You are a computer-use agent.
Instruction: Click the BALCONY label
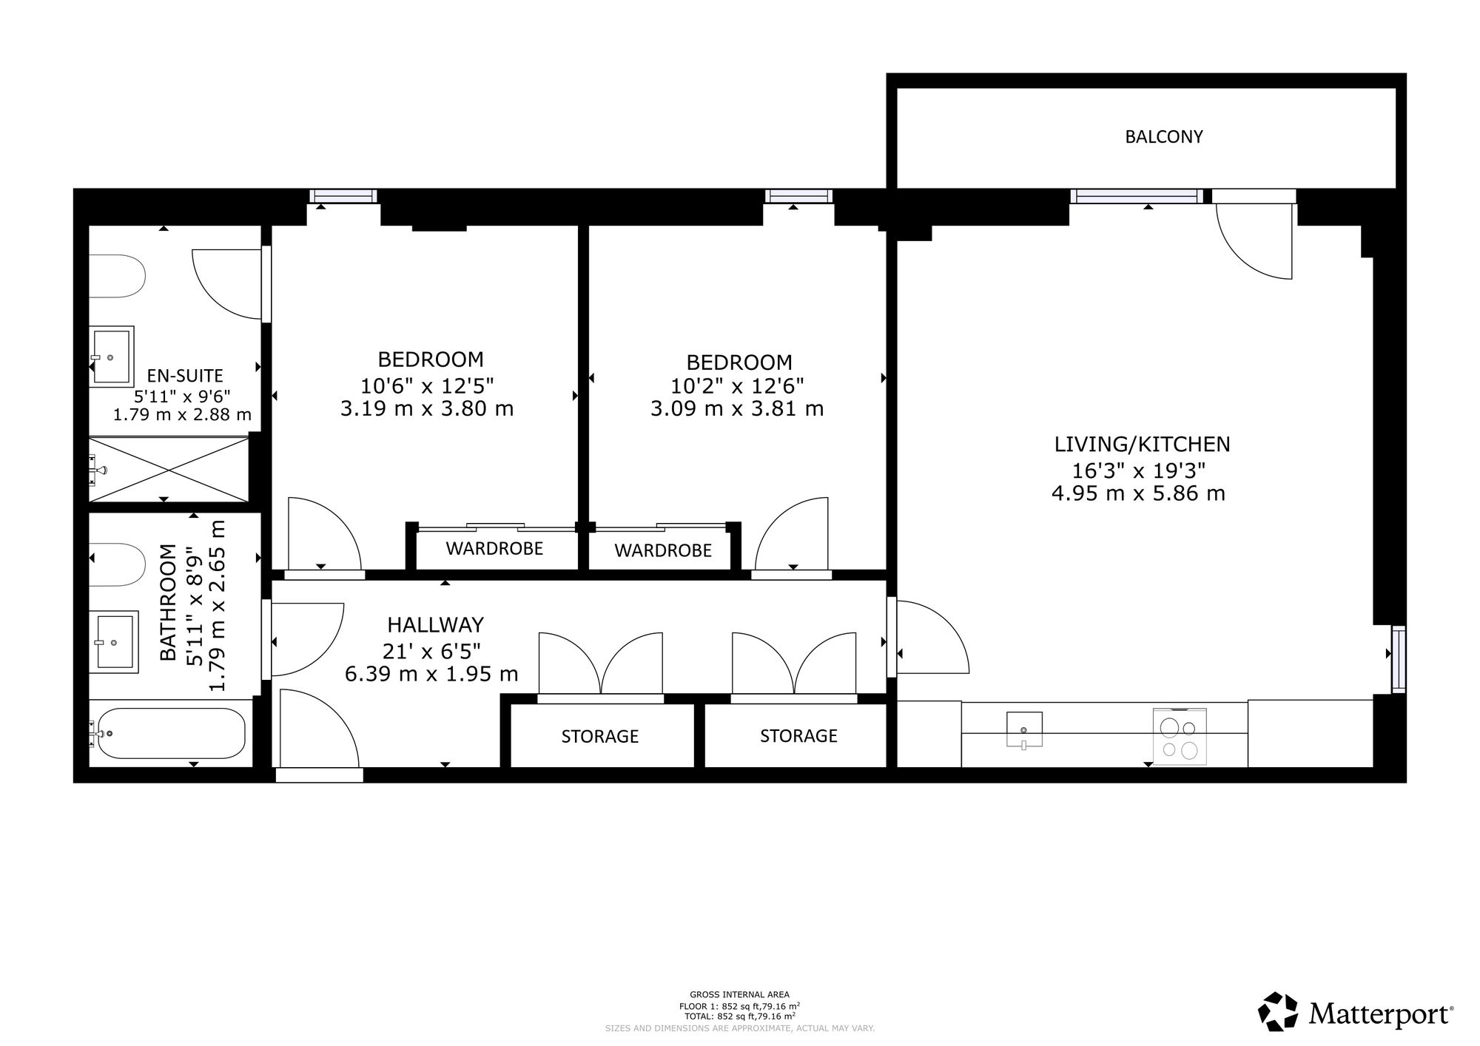coord(1164,137)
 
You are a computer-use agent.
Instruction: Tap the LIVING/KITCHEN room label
coord(1142,445)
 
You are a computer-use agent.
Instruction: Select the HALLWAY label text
coord(435,625)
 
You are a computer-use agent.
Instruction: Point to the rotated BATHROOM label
coord(169,602)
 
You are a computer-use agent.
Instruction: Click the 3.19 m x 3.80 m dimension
coord(427,408)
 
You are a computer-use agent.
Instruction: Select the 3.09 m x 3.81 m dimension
coord(737,408)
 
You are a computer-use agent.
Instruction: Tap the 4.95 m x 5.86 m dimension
coord(1139,493)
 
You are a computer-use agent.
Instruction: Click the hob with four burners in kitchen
coord(1180,737)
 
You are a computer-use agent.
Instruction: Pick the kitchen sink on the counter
coord(1025,730)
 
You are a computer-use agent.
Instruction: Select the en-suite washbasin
coord(112,357)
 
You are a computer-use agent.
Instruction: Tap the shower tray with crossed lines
coord(169,470)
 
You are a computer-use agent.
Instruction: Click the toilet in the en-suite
coord(117,277)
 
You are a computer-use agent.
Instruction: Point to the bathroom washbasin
coord(114,642)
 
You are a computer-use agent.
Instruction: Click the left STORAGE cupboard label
coord(600,737)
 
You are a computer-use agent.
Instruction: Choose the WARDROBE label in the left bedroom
coord(494,549)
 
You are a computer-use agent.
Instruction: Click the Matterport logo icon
coord(1278,1012)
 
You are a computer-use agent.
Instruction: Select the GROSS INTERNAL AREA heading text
coord(739,995)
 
